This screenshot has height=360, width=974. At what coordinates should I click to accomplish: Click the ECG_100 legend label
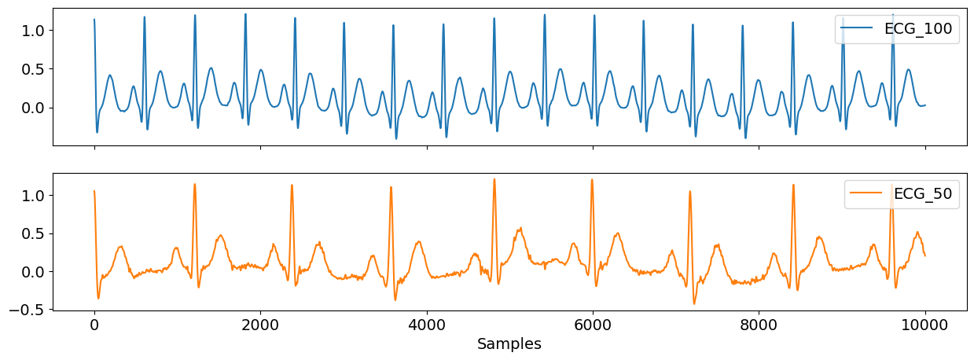[918, 30]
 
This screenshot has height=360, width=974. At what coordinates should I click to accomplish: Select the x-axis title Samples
[509, 343]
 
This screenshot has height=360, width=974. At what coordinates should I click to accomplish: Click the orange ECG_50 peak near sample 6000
[592, 180]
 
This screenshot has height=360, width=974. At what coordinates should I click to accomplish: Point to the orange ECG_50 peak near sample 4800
[494, 179]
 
